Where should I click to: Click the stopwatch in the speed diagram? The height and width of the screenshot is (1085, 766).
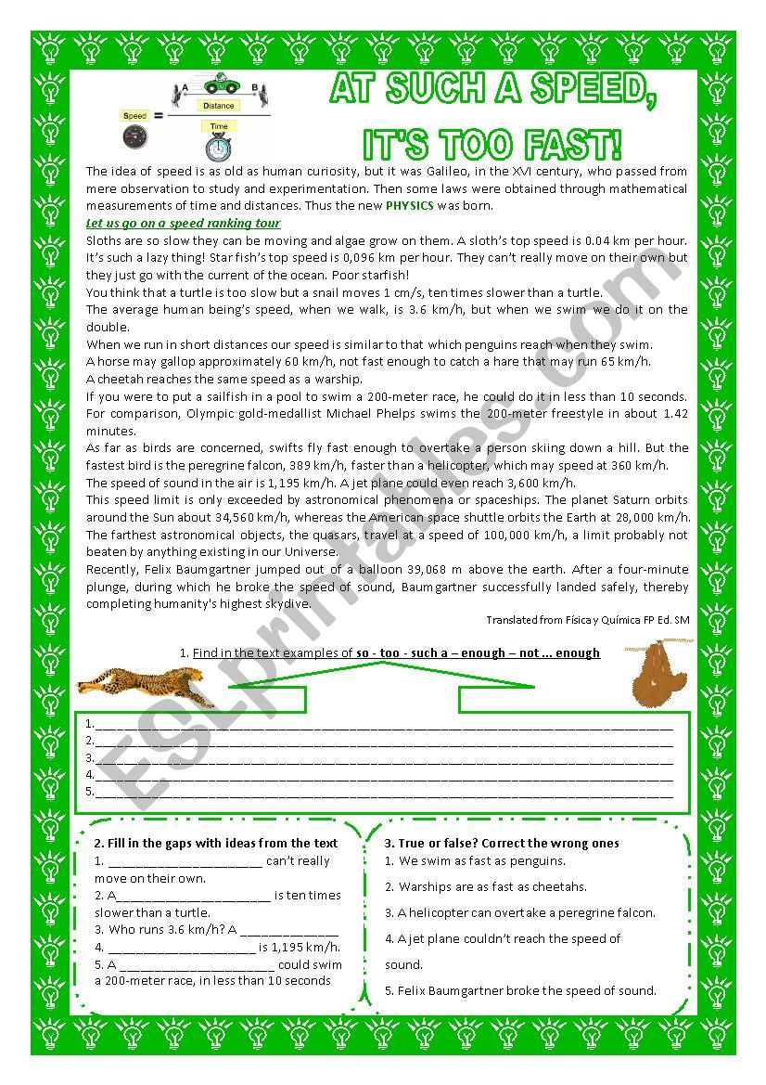(x=219, y=147)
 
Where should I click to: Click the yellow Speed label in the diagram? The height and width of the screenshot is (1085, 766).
(x=134, y=116)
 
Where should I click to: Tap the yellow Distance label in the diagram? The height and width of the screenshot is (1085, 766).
(x=219, y=107)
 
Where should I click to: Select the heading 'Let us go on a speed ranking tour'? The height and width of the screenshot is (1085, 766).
(x=183, y=224)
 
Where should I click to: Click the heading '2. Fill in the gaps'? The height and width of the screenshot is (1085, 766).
(x=216, y=844)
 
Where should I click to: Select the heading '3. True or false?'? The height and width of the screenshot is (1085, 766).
(x=502, y=844)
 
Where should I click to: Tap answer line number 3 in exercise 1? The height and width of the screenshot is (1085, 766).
(x=380, y=758)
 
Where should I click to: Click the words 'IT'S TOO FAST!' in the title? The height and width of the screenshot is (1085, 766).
(x=492, y=145)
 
